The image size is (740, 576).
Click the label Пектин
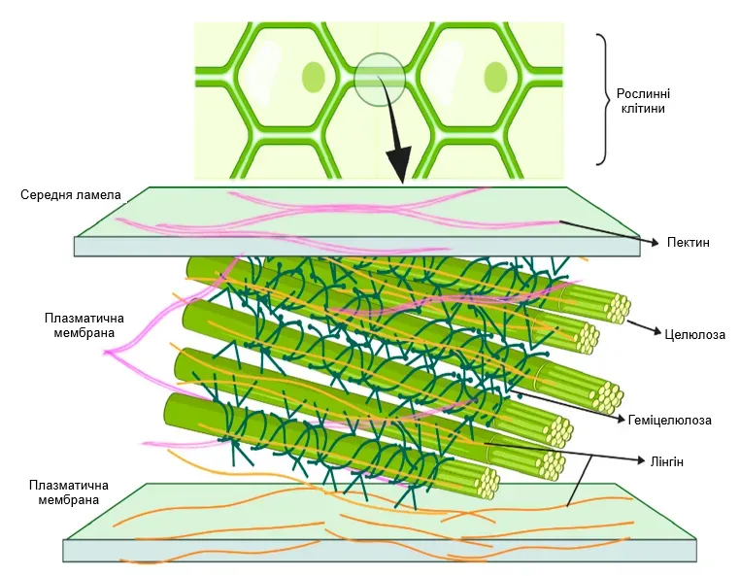688,242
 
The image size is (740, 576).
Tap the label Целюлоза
695,335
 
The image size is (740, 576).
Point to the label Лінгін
665,462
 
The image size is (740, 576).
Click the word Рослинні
644,93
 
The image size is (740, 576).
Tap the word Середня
47,195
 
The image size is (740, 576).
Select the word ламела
100,195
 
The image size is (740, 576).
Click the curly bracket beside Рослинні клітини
604,99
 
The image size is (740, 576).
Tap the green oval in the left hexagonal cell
313,75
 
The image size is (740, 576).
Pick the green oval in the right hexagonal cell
495,75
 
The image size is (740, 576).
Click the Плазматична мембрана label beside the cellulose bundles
80,325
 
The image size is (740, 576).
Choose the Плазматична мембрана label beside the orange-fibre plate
69,492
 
